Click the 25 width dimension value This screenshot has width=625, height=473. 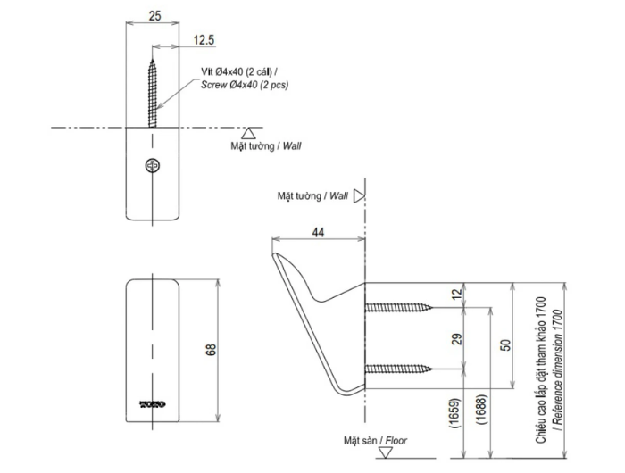coord(154,16)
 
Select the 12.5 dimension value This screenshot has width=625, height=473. coord(204,40)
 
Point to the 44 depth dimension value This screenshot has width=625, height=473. coord(318,232)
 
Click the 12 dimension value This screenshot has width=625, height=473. coord(457,295)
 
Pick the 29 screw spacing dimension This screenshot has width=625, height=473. coord(457,339)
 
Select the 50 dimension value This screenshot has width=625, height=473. coord(505,344)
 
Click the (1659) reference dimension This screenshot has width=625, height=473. coord(455,413)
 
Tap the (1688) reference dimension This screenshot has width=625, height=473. coord(481,410)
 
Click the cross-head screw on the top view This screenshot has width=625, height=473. coord(153,165)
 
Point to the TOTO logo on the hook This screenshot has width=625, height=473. coord(153,404)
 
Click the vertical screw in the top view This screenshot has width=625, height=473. coord(153,94)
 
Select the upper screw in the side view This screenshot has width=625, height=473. coord(398,307)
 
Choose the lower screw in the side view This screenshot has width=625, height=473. coord(398,369)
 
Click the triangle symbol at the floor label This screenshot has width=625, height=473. coord(386,452)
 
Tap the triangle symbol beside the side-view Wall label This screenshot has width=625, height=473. coord(359,196)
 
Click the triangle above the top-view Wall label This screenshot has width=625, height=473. coord(248,133)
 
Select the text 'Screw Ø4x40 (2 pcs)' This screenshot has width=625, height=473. coord(245,85)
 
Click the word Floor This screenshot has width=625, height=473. coord(396,440)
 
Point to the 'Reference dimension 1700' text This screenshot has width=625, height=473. coord(559,370)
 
